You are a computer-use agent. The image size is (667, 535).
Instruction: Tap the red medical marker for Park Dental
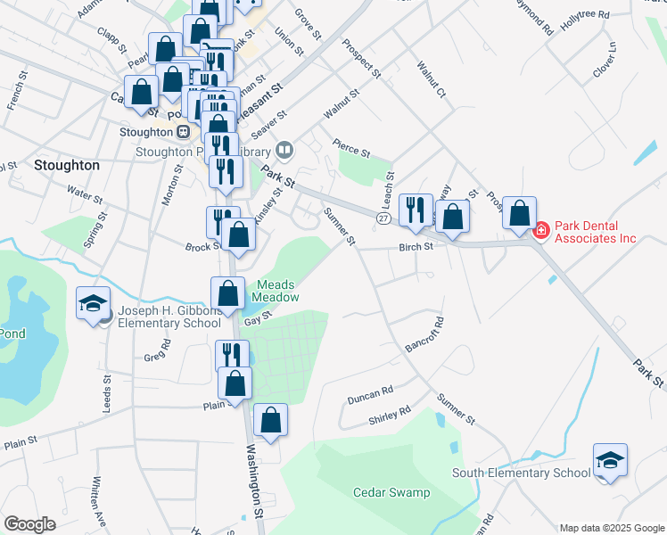click(x=540, y=231)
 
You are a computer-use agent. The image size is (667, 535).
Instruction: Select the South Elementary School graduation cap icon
click(x=610, y=461)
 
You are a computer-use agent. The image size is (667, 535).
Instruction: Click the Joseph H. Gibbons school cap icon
click(x=93, y=304)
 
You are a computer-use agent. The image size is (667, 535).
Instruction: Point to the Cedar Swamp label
click(x=391, y=492)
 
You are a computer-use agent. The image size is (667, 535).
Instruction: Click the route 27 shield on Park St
click(x=383, y=218)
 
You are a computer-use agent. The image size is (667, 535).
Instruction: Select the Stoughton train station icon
click(x=183, y=131)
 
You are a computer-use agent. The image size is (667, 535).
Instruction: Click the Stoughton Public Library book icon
click(x=284, y=149)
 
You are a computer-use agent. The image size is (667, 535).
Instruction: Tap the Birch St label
click(x=416, y=246)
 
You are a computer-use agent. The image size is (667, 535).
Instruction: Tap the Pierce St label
click(x=350, y=146)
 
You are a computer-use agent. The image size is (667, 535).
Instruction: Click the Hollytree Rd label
click(x=585, y=16)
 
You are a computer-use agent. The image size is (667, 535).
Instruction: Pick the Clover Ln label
click(x=605, y=58)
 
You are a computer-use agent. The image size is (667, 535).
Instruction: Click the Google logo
click(x=29, y=524)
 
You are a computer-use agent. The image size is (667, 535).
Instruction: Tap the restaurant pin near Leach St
click(x=415, y=211)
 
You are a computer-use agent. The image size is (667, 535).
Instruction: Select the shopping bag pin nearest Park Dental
click(x=520, y=213)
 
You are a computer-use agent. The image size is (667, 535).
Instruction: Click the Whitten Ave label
click(x=98, y=504)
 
